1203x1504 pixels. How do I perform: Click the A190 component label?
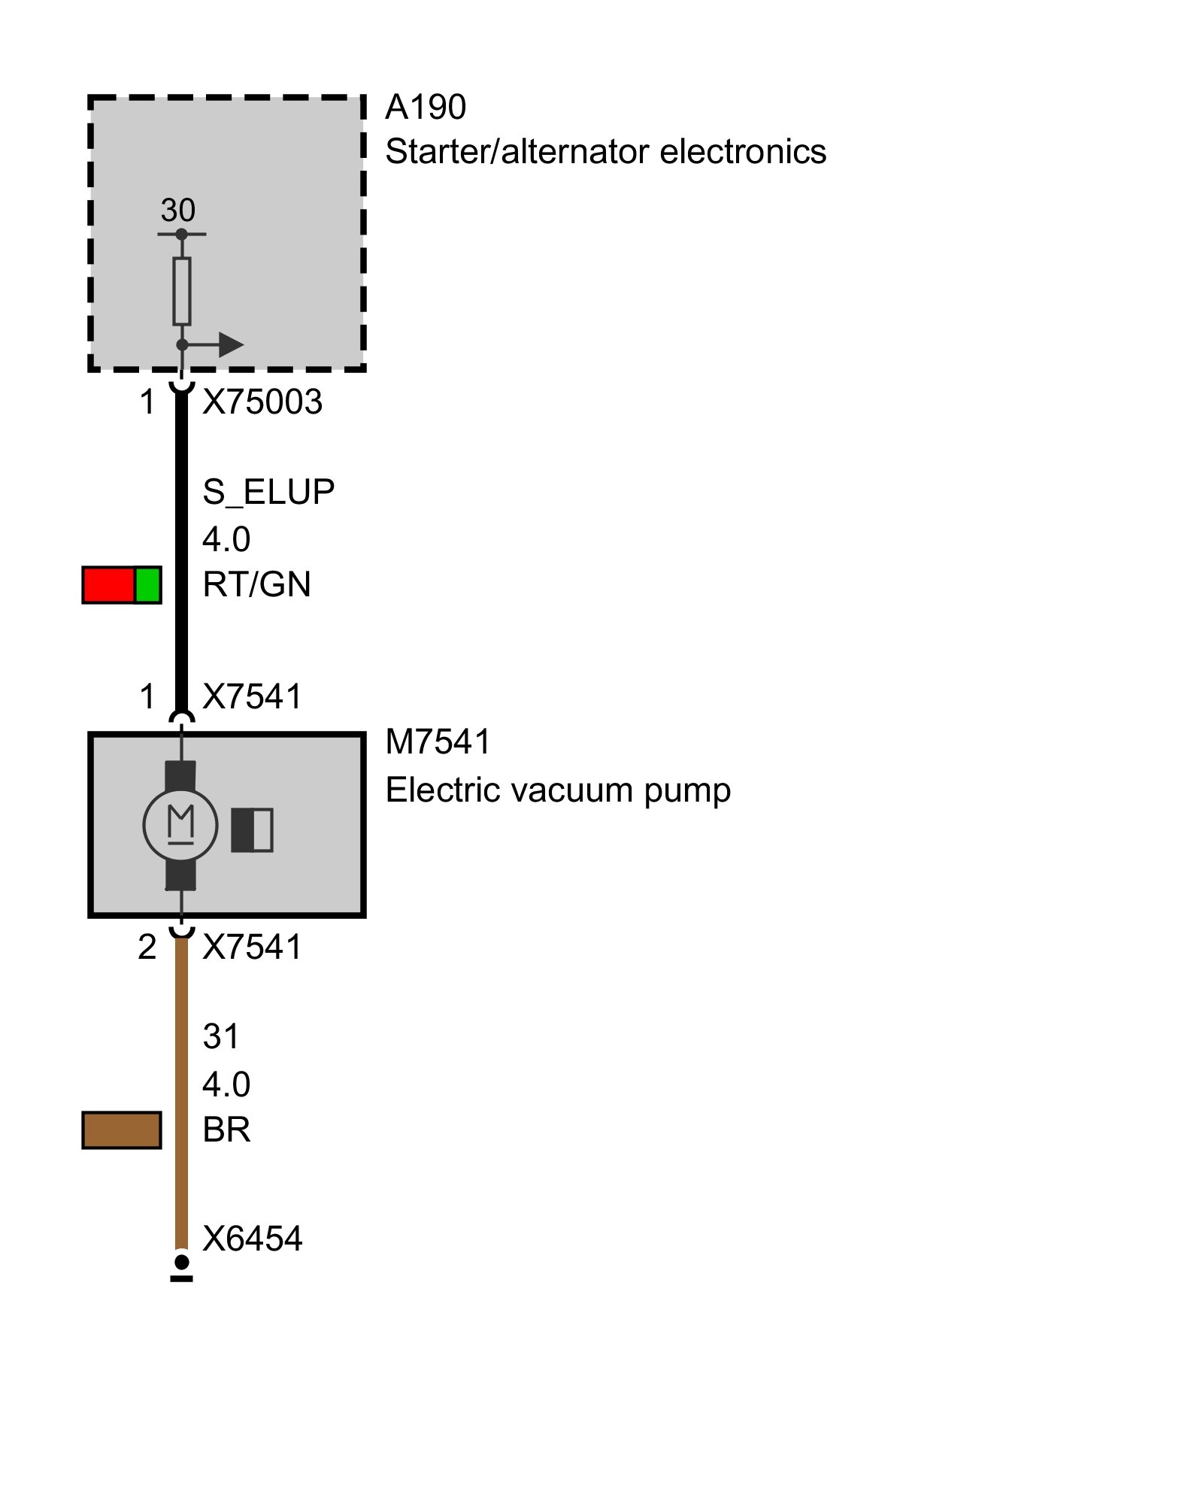(425, 108)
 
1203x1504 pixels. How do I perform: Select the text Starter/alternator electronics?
(605, 152)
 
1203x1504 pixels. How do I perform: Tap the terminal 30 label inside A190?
(177, 210)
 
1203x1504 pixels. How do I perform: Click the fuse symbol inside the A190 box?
(182, 291)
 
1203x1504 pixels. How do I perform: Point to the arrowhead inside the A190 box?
(230, 345)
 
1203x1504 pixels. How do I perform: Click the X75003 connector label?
(262, 402)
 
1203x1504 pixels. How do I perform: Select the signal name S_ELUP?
(268, 492)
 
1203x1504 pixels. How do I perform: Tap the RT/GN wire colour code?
(256, 584)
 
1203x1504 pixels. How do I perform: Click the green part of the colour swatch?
(148, 585)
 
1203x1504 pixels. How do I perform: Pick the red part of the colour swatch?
(109, 585)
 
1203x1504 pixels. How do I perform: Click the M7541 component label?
(438, 742)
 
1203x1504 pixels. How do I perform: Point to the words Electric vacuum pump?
(558, 790)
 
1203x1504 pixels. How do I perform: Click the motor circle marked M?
(180, 826)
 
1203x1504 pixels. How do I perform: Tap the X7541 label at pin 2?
(252, 947)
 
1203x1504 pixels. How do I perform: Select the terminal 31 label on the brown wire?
(220, 1037)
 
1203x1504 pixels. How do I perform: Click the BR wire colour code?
(226, 1130)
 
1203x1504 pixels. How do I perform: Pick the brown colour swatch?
(122, 1130)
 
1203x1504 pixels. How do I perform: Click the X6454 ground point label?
(252, 1239)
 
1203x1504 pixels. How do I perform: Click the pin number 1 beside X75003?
(147, 402)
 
